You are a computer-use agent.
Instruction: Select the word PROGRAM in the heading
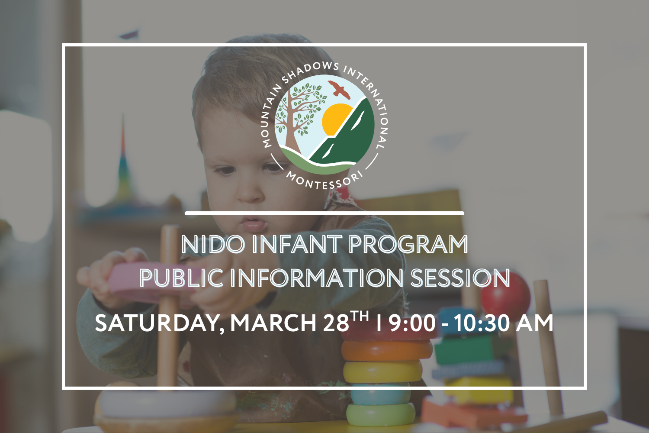[408, 245]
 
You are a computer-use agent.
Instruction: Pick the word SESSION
[460, 278]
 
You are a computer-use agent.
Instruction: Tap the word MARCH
[273, 323]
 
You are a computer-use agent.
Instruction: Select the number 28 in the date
[336, 323]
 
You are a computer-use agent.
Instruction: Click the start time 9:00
[412, 323]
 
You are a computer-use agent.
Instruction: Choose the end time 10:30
[482, 323]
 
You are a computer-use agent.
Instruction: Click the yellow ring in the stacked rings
[382, 372]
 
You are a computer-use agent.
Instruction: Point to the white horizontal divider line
[324, 213]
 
